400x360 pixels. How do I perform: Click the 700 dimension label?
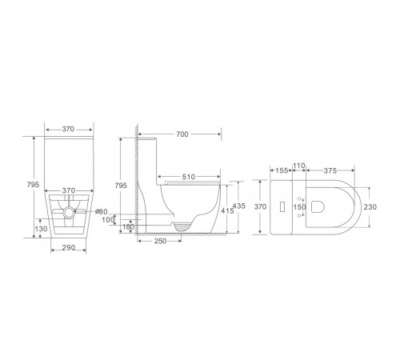[182, 134]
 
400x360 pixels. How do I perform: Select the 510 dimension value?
[189, 177]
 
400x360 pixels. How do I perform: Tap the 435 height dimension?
[239, 206]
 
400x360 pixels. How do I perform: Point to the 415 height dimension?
[227, 210]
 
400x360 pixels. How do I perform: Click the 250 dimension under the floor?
[160, 241]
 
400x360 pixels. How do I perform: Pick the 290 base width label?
[69, 248]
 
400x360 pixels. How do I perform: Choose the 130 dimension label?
[41, 229]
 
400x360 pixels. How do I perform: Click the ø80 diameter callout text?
[102, 212]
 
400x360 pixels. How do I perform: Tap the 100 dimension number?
[108, 220]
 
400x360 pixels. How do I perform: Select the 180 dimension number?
[128, 227]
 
